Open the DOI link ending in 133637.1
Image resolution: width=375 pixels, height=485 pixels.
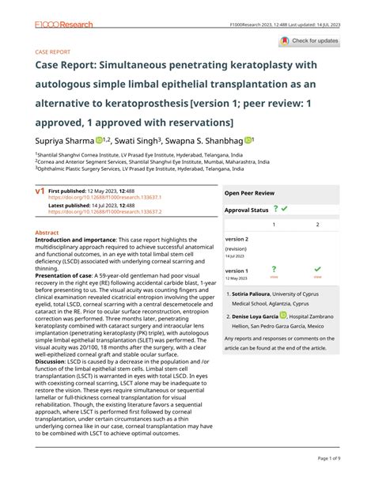[104, 197]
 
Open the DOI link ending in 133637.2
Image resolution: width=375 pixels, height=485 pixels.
[104, 211]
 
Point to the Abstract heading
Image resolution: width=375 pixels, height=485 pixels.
[48, 233]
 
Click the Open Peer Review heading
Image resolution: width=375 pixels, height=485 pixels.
[249, 192]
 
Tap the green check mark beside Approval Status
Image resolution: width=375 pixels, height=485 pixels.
[284, 209]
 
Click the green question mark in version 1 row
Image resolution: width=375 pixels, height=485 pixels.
[274, 269]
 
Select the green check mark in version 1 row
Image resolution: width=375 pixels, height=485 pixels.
[317, 269]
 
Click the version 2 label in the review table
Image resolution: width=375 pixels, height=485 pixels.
[237, 238]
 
